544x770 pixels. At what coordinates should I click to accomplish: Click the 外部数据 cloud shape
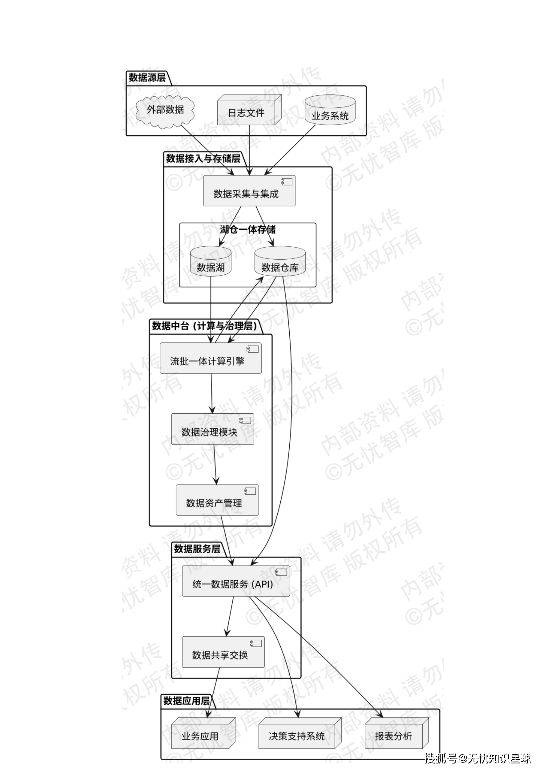point(165,110)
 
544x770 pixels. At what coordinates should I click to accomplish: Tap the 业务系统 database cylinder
point(330,110)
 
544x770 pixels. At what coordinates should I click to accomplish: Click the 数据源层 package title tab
point(147,78)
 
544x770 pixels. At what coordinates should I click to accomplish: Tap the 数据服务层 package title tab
point(197,548)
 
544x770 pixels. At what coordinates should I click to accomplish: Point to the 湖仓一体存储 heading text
point(247,229)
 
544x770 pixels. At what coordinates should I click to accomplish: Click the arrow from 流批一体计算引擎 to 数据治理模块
point(211,393)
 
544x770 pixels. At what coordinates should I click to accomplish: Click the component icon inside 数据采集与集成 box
point(287,182)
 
